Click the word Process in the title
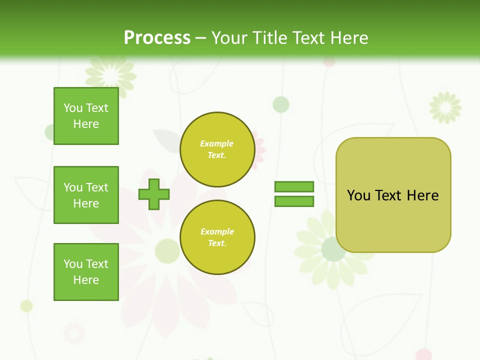pyautogui.click(x=157, y=38)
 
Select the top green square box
pyautogui.click(x=86, y=116)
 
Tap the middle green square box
pyautogui.click(x=86, y=195)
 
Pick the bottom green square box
pyautogui.click(x=86, y=272)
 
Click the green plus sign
pyautogui.click(x=154, y=194)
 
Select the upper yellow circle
pyautogui.click(x=217, y=149)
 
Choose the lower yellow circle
pyautogui.click(x=217, y=237)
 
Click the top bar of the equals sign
pyautogui.click(x=294, y=186)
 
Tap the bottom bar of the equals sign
pyautogui.click(x=294, y=201)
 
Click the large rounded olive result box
pyautogui.click(x=393, y=220)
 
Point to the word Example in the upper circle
pyautogui.click(x=216, y=143)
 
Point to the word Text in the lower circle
pyautogui.click(x=216, y=243)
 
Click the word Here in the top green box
pyautogui.click(x=86, y=124)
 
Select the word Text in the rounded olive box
pyautogui.click(x=388, y=195)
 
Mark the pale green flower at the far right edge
pyautogui.click(x=445, y=107)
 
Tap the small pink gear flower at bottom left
pyautogui.click(x=74, y=333)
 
